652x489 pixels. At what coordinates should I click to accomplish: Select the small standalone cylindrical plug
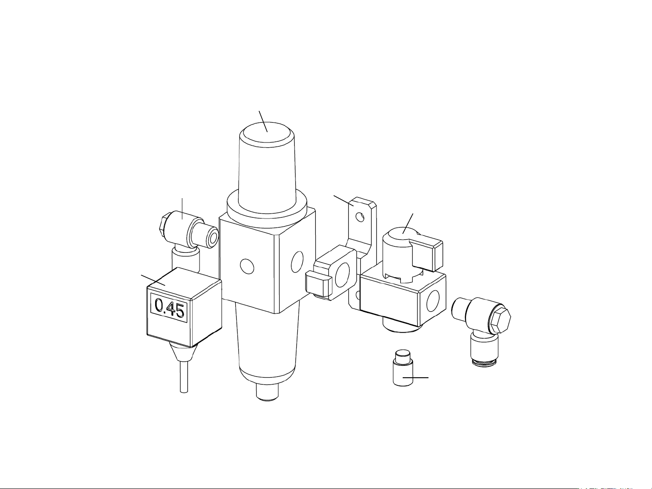click(x=403, y=368)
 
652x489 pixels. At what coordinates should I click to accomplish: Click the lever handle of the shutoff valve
click(x=427, y=252)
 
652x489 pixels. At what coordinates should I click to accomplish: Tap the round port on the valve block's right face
click(x=433, y=301)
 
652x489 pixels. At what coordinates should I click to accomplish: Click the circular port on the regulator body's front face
click(x=247, y=266)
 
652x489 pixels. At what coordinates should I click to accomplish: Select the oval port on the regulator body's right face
click(x=297, y=261)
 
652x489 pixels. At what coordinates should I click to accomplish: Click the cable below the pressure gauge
click(x=184, y=376)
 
